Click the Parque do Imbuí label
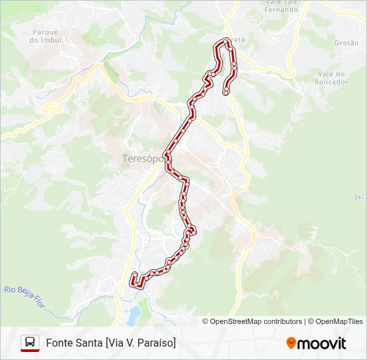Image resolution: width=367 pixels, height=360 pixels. click(x=45, y=35)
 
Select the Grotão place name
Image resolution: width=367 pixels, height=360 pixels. click(x=346, y=42)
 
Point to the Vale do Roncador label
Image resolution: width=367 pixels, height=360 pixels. click(x=331, y=78)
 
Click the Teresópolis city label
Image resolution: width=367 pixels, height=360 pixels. click(x=143, y=159)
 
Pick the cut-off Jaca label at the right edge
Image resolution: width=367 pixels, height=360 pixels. click(x=360, y=197)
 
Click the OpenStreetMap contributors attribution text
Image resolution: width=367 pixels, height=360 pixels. click(x=256, y=321)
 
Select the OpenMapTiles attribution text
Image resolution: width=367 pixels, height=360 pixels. click(x=340, y=321)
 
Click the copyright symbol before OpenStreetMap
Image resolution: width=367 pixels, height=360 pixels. click(x=206, y=321)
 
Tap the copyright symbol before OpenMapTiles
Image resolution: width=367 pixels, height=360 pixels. click(x=312, y=321)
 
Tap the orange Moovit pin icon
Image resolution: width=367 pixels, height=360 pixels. click(x=291, y=343)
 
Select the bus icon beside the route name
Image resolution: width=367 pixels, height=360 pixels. click(x=30, y=343)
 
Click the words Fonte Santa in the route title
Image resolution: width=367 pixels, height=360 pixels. click(x=73, y=343)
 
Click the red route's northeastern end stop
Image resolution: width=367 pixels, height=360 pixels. click(x=228, y=91)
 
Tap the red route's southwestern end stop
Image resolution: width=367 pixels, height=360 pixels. click(x=135, y=275)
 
